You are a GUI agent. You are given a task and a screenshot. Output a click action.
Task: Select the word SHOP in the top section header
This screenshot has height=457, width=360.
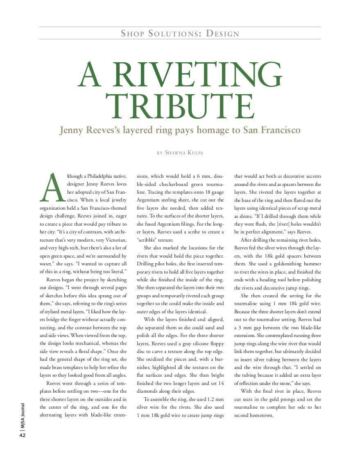132,34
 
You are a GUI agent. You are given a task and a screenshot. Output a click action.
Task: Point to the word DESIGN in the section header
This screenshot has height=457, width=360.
222,34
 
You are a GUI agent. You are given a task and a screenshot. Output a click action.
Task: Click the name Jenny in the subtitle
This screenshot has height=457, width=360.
73,130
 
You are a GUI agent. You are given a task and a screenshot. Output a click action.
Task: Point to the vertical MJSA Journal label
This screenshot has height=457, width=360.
23,416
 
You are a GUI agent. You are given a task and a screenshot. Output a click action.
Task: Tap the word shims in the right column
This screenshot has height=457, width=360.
242,216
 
